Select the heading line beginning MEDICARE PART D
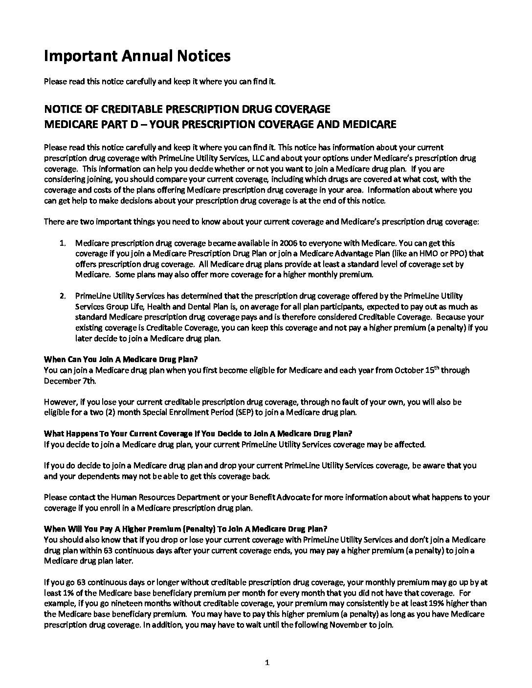point(220,124)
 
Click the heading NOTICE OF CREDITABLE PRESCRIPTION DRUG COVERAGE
point(187,108)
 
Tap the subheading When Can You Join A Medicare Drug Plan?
point(118,360)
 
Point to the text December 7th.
point(64,381)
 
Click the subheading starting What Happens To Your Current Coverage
point(198,433)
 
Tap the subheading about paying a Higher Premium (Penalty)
point(186,529)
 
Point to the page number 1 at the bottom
point(266,663)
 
